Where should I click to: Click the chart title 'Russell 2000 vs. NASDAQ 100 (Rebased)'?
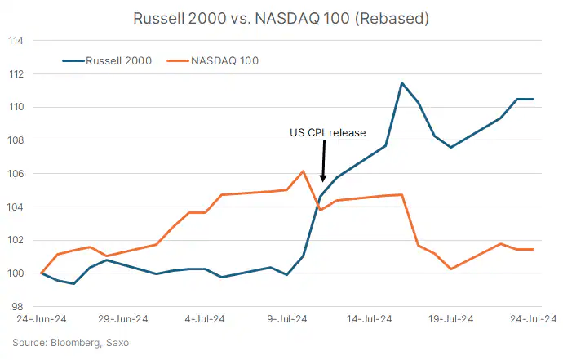pyautogui.click(x=281, y=18)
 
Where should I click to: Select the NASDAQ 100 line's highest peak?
pyautogui.click(x=304, y=171)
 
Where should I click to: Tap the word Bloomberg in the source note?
pyautogui.click(x=73, y=342)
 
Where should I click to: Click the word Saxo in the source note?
pyautogui.click(x=115, y=342)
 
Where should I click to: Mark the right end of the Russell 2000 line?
pyautogui.click(x=533, y=99)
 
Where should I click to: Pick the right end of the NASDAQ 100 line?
pyautogui.click(x=533, y=249)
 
